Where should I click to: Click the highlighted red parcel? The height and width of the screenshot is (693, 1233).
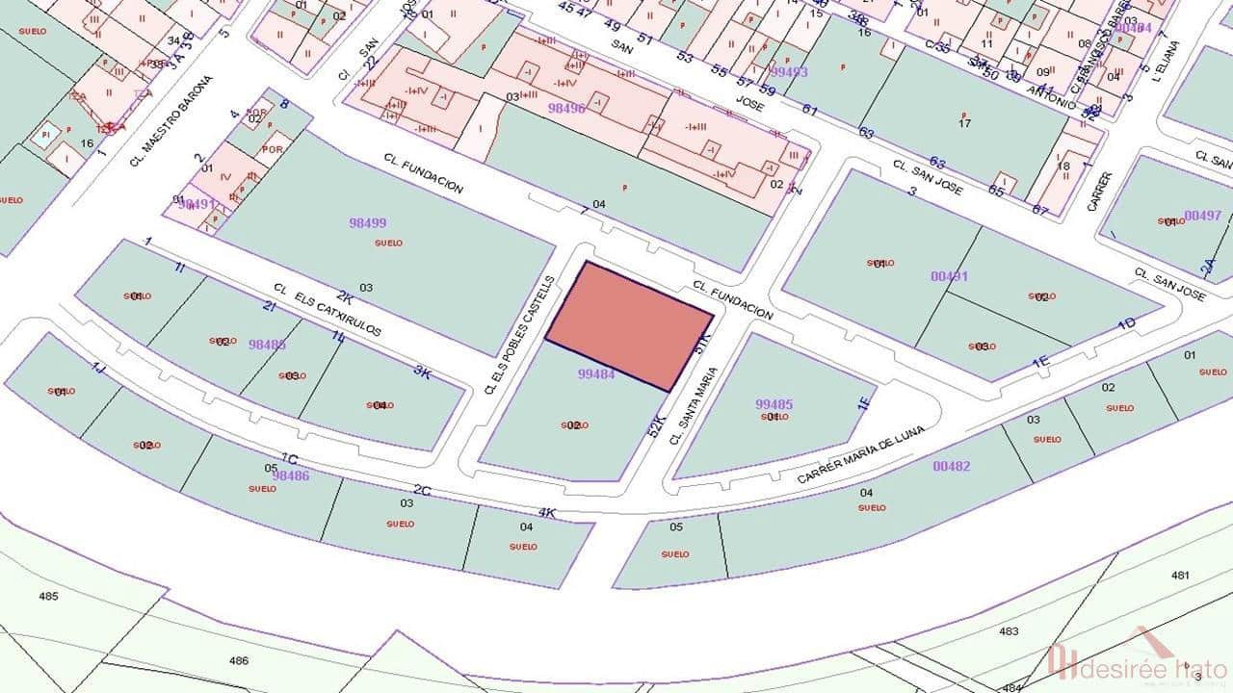tap(630, 325)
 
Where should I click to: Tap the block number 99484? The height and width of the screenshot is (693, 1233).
tap(596, 374)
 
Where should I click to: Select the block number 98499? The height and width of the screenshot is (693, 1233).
tap(367, 223)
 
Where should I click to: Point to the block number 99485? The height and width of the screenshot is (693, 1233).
tap(774, 405)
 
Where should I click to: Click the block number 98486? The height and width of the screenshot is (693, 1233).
tap(290, 475)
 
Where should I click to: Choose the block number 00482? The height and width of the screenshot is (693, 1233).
tap(951, 467)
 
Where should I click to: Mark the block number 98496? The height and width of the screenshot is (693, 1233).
tap(566, 109)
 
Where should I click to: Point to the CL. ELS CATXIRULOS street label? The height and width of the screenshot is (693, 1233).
tap(328, 310)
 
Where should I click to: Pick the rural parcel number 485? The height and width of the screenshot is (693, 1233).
tap(48, 596)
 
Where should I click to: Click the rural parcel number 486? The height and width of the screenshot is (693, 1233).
tap(239, 660)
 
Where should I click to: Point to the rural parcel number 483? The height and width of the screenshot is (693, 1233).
tap(1009, 631)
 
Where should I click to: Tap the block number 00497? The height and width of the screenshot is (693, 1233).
tap(1202, 216)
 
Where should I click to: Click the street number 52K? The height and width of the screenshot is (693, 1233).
tap(657, 424)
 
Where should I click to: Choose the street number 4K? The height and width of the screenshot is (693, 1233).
tap(546, 512)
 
